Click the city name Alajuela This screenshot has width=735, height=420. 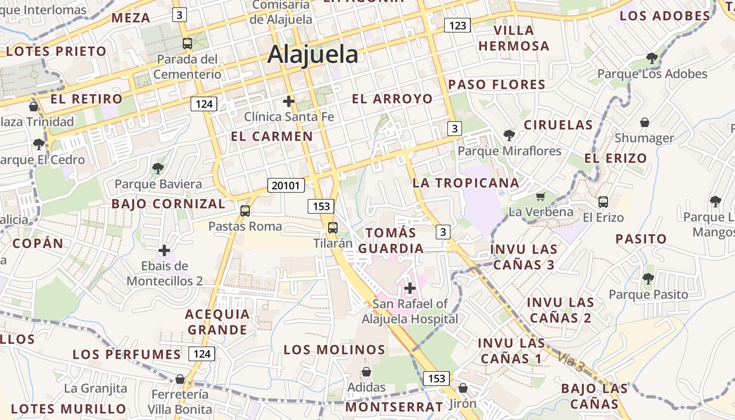coord(313,55)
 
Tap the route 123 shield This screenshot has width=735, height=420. coord(457,25)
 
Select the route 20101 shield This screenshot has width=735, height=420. coord(286,185)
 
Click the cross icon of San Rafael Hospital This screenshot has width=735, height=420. coord(410,288)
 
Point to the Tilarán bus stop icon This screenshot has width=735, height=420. coord(333,228)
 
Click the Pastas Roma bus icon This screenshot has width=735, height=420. coord(245,211)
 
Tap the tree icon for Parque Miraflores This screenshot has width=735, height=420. coord(509,135)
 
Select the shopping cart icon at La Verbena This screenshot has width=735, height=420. coord(541,197)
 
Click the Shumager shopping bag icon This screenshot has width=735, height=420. coord(645,122)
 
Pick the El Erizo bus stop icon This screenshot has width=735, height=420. coord(603,202)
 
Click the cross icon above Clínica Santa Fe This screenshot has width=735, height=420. coord(288,101)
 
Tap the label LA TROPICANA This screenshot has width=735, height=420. coord(466,183)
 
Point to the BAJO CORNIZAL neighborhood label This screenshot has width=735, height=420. coord(168,204)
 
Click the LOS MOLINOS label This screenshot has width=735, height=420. coord(334,350)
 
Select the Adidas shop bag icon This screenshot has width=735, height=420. coord(366,372)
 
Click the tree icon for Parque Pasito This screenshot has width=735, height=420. coord(648,279)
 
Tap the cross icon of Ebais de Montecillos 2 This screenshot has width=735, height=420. coord(164,250)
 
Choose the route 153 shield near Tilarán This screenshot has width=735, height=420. coord(321,206)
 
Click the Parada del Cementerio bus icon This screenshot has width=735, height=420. coord(187,44)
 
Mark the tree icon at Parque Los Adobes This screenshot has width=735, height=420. coord(652,58)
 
